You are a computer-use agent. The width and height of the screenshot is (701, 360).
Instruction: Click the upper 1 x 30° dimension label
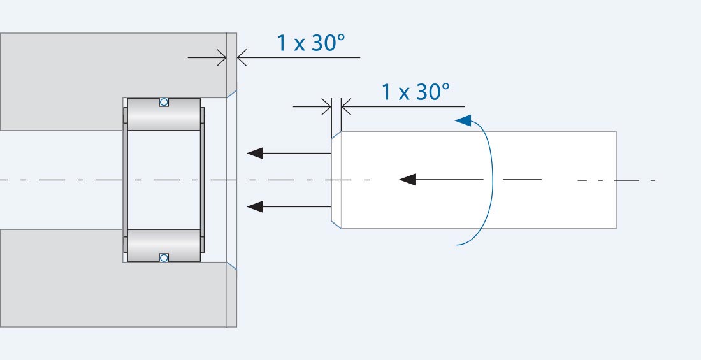310,43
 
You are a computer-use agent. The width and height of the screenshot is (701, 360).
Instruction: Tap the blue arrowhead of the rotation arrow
464,120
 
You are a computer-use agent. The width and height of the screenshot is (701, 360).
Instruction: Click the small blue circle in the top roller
164,102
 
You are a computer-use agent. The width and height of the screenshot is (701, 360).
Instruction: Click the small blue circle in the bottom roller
164,257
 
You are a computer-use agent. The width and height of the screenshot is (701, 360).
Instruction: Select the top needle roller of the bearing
164,115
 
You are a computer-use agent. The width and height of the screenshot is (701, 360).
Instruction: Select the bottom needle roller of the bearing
164,245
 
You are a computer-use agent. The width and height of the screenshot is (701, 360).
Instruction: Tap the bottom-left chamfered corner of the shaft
336,224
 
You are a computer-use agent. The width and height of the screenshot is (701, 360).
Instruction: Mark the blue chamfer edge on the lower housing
232,266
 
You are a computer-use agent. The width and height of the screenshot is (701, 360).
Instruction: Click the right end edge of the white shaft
616,180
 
